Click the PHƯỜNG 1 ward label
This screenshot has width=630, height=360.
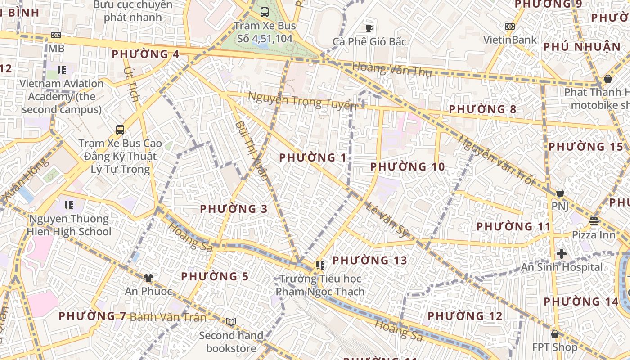[313, 157]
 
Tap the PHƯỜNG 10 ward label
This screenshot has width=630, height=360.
[407, 167]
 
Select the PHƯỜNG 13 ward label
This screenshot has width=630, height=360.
[369, 260]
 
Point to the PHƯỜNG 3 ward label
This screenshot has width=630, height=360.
[234, 209]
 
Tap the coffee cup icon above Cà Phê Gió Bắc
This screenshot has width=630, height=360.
[369, 28]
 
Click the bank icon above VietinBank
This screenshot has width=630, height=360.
[510, 27]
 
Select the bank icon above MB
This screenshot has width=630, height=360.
[56, 35]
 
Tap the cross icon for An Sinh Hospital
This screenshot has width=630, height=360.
[561, 254]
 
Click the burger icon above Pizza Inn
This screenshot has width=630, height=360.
[594, 221]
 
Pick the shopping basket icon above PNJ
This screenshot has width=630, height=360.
[560, 193]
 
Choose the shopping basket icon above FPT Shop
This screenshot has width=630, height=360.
[555, 334]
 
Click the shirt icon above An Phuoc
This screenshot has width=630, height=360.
[148, 278]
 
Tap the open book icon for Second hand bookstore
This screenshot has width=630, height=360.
[231, 322]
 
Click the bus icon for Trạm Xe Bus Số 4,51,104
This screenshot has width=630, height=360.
[265, 12]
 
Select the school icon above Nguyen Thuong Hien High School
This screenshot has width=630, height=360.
[69, 205]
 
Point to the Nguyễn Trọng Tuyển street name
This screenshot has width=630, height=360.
[302, 101]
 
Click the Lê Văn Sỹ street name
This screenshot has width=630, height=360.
[387, 220]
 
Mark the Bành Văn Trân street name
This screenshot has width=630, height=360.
[168, 317]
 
